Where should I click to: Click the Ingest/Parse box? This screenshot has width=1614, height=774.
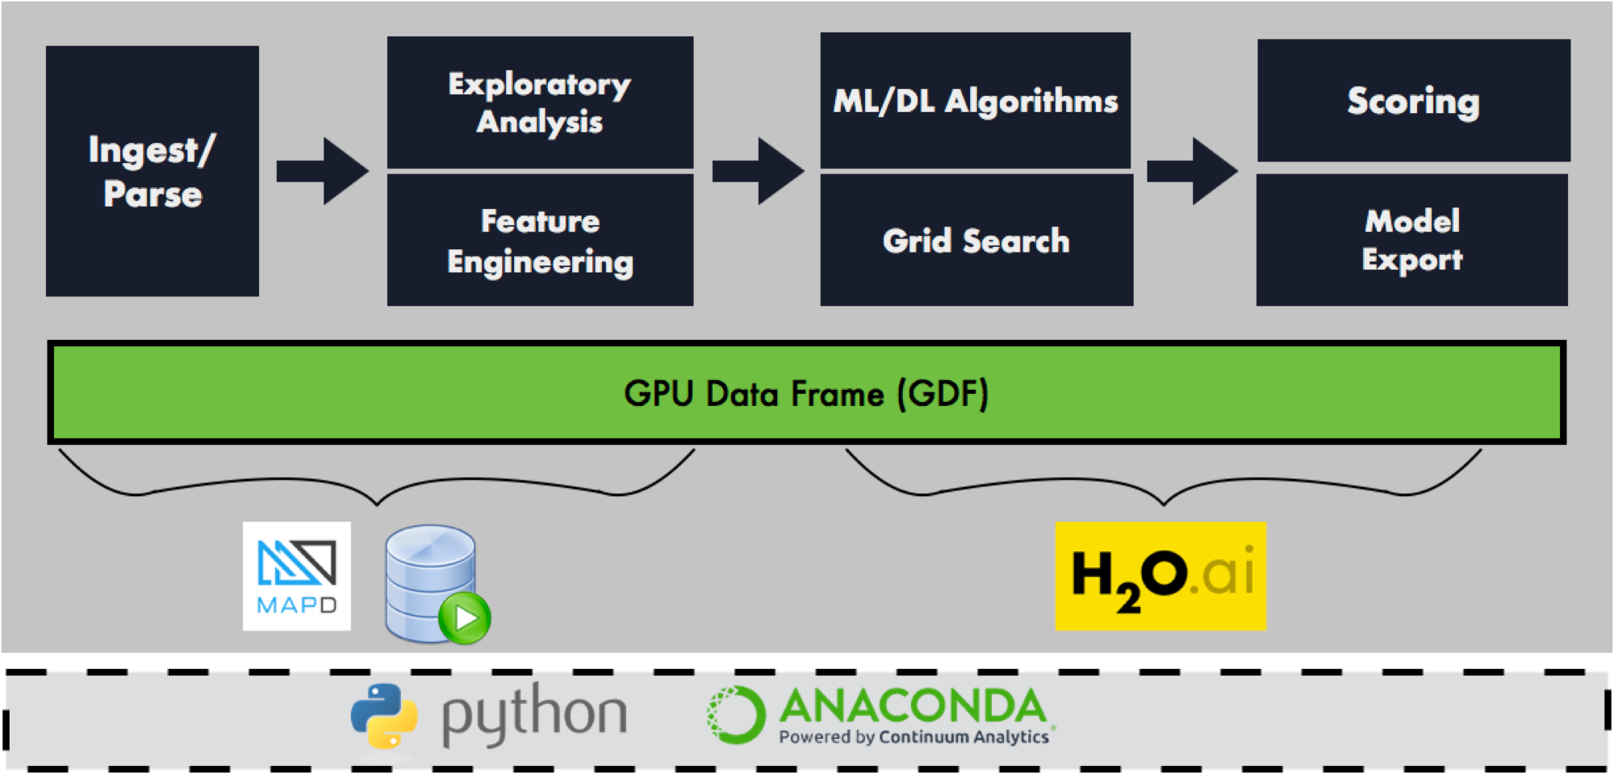tap(152, 171)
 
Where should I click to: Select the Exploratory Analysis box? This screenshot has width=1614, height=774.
tap(540, 103)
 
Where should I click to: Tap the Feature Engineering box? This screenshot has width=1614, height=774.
tap(540, 241)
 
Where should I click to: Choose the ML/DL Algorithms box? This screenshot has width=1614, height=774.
tap(975, 101)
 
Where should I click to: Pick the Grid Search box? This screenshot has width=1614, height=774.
tap(976, 241)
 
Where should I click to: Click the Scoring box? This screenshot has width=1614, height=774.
tap(1413, 101)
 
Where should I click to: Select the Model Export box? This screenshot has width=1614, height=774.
tap(1411, 241)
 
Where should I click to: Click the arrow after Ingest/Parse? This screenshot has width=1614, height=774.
tap(323, 171)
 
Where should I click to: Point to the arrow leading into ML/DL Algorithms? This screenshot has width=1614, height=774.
tap(758, 171)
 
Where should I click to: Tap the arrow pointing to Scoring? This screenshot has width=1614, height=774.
tap(1192, 171)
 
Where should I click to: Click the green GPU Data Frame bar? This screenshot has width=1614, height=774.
tap(403, 393)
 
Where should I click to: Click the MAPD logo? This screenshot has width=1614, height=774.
tap(297, 575)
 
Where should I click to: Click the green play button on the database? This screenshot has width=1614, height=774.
tap(465, 618)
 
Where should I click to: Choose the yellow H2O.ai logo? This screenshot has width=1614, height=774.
tap(1160, 575)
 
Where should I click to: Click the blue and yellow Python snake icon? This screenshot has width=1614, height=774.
tap(384, 716)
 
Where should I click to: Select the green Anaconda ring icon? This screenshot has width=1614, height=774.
tap(735, 714)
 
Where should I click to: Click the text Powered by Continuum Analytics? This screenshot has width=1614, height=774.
tap(914, 737)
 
